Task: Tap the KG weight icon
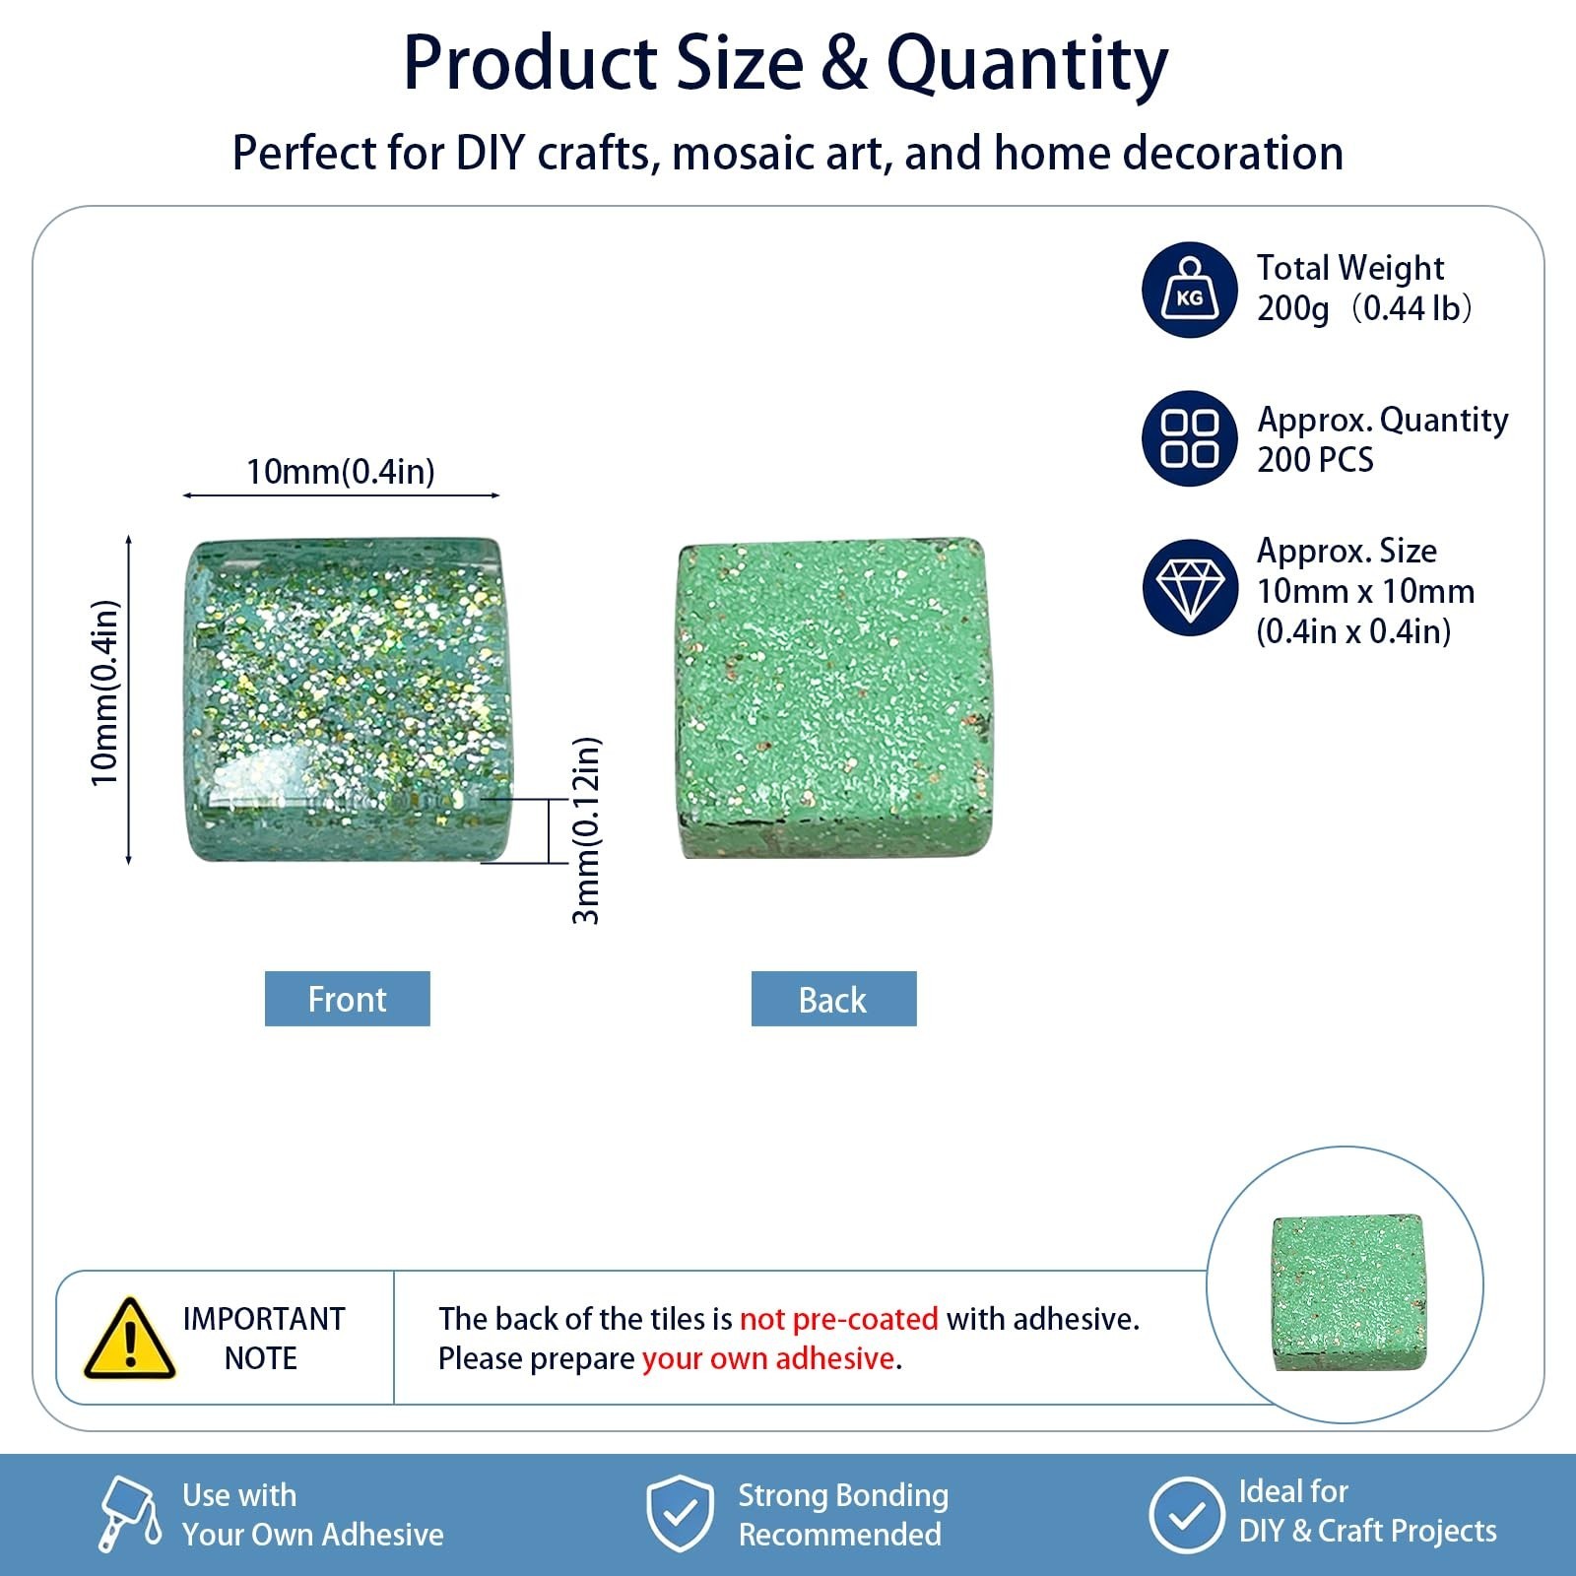(1190, 290)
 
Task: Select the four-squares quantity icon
(1190, 439)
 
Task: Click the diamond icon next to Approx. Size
(1190, 588)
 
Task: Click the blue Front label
(348, 999)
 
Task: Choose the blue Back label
(833, 999)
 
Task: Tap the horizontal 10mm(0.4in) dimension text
(341, 472)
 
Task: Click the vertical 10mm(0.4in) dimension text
(104, 692)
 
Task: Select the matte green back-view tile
(833, 697)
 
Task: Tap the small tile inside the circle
(1348, 1292)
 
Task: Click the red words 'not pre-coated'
(838, 1319)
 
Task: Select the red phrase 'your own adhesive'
(768, 1358)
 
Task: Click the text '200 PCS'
(1315, 460)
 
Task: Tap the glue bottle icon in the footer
(130, 1514)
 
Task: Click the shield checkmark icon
(680, 1514)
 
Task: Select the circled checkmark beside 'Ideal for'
(1186, 1514)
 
